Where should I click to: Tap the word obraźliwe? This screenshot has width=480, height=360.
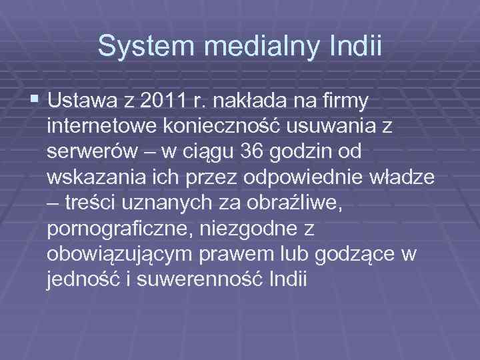coord(296,202)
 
